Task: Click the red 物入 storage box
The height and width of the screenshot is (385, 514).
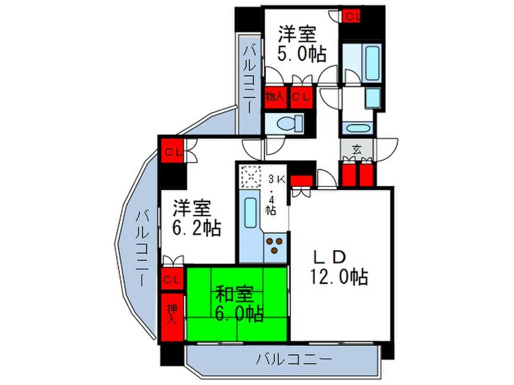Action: coord(276,95)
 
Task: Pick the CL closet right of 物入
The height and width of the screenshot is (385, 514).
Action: coord(300,95)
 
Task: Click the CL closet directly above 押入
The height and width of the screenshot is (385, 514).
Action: coord(172,279)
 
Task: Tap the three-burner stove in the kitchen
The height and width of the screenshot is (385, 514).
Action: coord(275,246)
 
